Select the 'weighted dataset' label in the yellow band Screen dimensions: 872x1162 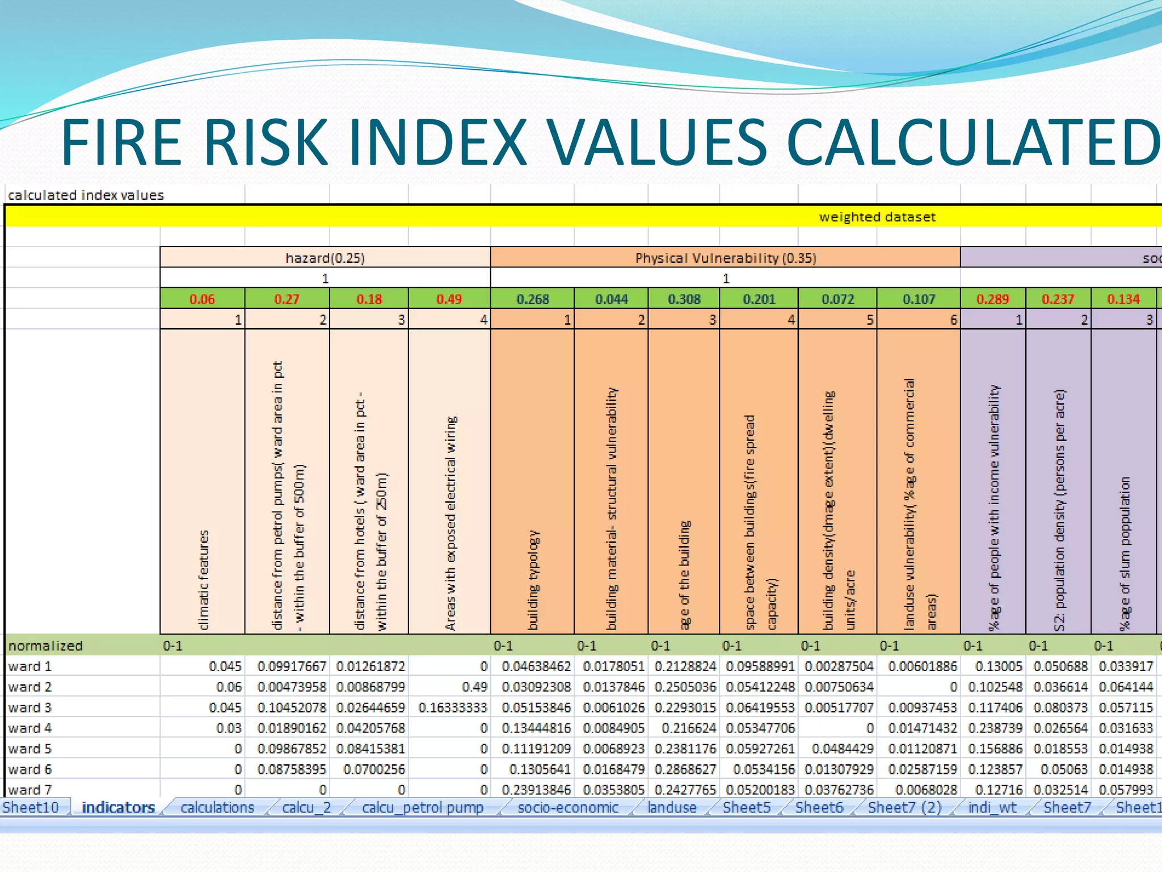(877, 217)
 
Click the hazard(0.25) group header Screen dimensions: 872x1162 (325, 258)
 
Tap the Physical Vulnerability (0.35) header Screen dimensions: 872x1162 (725, 258)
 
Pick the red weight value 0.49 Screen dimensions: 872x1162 (449, 299)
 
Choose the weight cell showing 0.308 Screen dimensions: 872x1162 (684, 299)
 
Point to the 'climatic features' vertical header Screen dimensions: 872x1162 (204, 579)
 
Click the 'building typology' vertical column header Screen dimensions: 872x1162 (533, 579)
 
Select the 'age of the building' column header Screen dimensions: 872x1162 (685, 573)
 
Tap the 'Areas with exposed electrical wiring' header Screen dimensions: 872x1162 (451, 522)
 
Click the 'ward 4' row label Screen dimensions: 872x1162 (30, 728)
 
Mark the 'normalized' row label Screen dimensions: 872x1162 (45, 645)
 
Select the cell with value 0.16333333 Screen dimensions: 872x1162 (452, 707)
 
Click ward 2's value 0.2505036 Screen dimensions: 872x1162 (685, 687)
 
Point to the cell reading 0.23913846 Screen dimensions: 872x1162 (536, 790)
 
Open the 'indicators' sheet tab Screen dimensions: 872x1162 (118, 807)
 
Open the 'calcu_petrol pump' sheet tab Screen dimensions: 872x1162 (422, 807)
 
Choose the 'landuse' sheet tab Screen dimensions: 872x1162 (672, 807)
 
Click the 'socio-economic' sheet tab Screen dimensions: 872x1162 (568, 807)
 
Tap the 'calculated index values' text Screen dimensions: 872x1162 (86, 195)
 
